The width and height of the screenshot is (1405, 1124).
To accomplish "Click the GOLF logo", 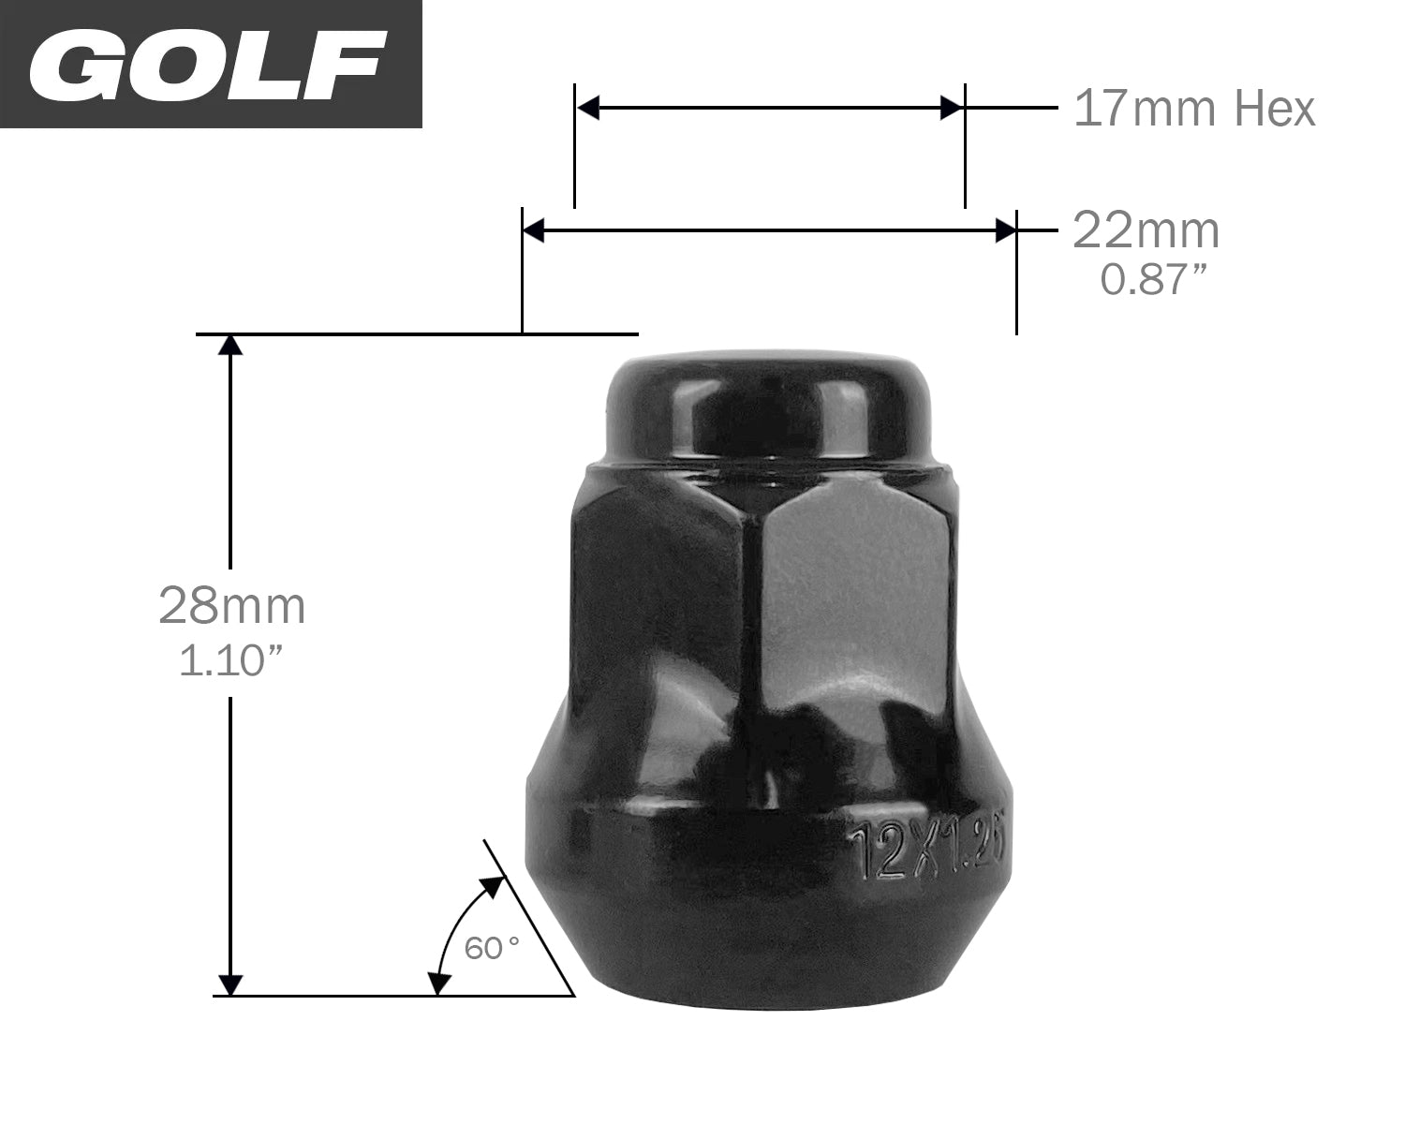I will (x=208, y=65).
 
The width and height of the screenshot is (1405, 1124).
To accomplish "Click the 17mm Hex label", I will (x=1193, y=109).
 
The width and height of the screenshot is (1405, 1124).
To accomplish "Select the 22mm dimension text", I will (x=1146, y=230).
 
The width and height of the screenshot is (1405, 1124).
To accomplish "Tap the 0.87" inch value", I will (x=1149, y=279).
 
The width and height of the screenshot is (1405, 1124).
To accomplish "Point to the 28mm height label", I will (x=231, y=605).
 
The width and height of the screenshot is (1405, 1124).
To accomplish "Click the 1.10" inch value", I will (x=231, y=661).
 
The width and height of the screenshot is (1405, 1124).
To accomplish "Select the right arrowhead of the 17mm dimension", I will (x=952, y=109).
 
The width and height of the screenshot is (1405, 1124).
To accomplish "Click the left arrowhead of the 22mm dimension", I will (x=534, y=230).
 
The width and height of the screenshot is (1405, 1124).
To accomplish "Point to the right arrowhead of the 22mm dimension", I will (x=1005, y=230).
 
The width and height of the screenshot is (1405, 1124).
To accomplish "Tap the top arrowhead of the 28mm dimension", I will (x=230, y=346).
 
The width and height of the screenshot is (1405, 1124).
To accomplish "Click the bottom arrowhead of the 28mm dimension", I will (x=230, y=983).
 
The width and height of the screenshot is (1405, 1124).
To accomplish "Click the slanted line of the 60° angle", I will (x=529, y=918).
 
